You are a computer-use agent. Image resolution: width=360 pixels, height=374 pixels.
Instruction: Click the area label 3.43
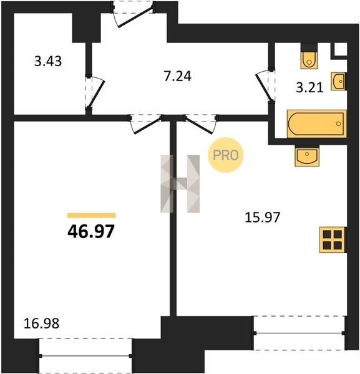pyautogui.click(x=48, y=61)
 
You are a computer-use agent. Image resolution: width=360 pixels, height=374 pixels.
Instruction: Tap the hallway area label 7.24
pyautogui.click(x=178, y=77)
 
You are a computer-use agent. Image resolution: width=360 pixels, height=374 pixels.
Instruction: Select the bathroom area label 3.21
pyautogui.click(x=309, y=87)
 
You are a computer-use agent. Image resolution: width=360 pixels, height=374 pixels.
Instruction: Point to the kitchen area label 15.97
pyautogui.click(x=263, y=218)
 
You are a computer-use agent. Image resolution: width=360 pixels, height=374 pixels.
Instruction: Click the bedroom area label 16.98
pyautogui.click(x=42, y=324)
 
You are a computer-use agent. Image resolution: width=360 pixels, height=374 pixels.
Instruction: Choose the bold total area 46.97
pyautogui.click(x=91, y=232)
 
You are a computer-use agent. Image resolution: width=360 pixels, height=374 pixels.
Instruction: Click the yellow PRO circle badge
pyautogui.click(x=226, y=155)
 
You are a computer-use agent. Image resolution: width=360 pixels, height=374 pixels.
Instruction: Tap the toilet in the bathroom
pyautogui.click(x=309, y=56)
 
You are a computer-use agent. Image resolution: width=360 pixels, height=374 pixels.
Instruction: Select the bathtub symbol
pyautogui.click(x=317, y=124)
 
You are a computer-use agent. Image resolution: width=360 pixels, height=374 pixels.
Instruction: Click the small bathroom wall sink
pyautogui.click(x=339, y=82)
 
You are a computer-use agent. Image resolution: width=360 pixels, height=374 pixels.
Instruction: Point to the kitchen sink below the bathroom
pyautogui.click(x=307, y=155)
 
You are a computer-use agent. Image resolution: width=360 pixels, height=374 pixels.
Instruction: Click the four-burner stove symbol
pyautogui.click(x=333, y=240)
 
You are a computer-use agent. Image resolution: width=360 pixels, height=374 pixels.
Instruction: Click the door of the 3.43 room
pyautogui.click(x=95, y=92)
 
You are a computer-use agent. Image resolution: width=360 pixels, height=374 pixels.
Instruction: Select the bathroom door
pyautogui.click(x=265, y=87)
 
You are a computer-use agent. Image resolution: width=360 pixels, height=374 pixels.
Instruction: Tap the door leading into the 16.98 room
pyautogui.click(x=147, y=124)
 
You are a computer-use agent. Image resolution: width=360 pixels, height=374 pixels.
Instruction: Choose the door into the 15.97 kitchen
pyautogui.click(x=201, y=124)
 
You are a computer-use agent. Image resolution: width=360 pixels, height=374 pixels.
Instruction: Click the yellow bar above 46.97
pyautogui.click(x=92, y=216)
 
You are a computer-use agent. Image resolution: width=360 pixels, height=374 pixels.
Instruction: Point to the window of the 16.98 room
pyautogui.click(x=85, y=356)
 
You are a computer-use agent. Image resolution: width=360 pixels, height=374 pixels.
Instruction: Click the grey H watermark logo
pyautogui.click(x=180, y=184)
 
